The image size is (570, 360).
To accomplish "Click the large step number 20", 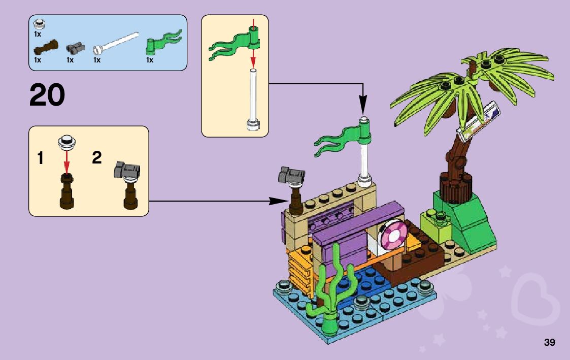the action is click(x=47, y=95).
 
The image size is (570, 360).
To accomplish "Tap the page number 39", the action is click(x=550, y=342).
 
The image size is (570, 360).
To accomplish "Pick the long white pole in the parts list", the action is click(x=116, y=43).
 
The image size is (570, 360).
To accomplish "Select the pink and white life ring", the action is click(x=391, y=234).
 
